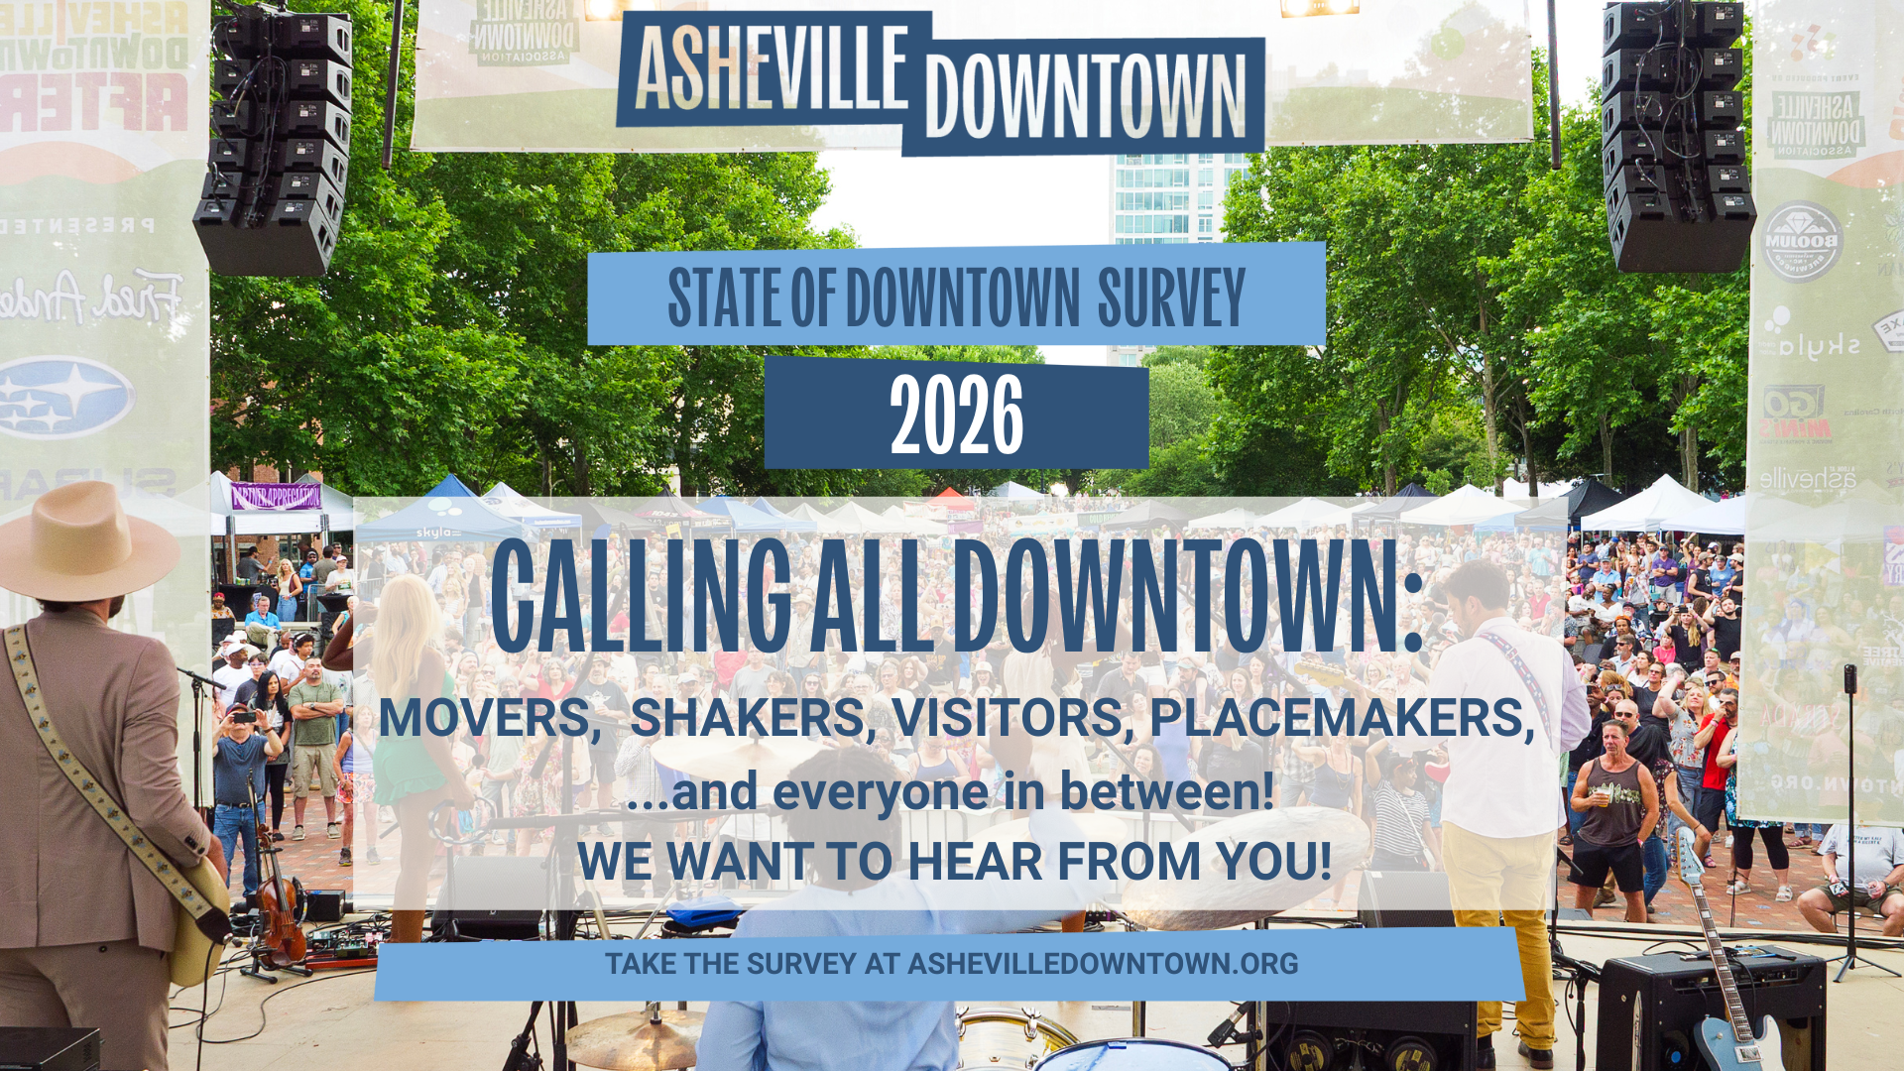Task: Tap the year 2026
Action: click(x=956, y=416)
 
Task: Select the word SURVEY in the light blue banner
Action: click(x=1170, y=297)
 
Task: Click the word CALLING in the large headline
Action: click(x=641, y=597)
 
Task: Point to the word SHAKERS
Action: click(x=752, y=718)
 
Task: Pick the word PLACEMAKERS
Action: click(x=1341, y=718)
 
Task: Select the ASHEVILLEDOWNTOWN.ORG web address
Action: click(x=1103, y=964)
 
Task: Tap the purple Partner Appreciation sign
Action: click(x=276, y=496)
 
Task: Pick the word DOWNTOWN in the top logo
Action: click(x=1085, y=96)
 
